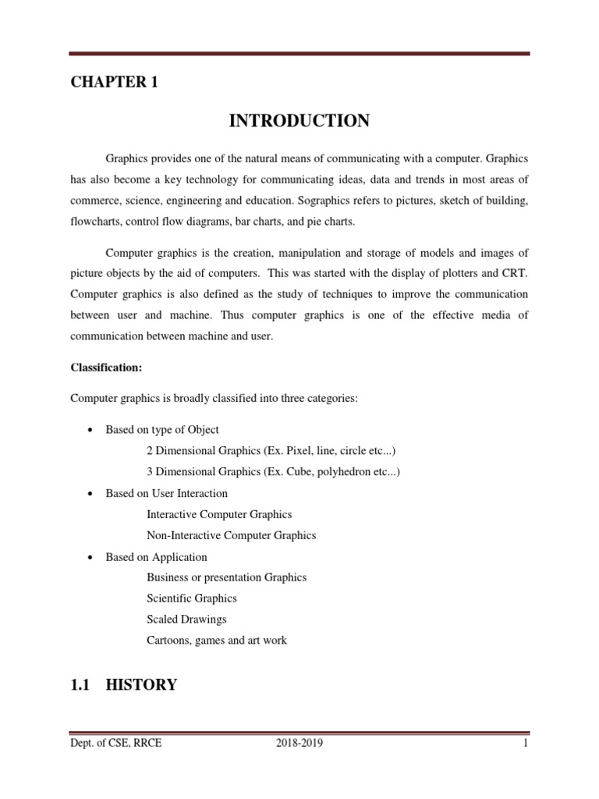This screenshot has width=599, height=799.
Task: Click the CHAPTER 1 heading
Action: [x=114, y=83]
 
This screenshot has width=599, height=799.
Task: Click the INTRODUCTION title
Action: [x=299, y=121]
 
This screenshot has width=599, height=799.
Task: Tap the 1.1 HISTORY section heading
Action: [x=124, y=685]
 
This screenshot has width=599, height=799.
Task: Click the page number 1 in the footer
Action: [x=526, y=743]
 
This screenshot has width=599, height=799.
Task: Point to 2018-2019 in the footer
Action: [x=299, y=743]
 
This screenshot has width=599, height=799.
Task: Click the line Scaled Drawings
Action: [x=186, y=620]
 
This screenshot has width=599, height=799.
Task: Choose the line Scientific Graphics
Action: [x=191, y=598]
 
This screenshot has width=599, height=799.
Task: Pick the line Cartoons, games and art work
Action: [x=217, y=641]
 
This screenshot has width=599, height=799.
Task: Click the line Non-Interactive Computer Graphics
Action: [x=231, y=535]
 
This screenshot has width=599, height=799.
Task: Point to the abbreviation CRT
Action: [x=517, y=274]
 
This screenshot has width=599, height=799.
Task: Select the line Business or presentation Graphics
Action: [x=226, y=577]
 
